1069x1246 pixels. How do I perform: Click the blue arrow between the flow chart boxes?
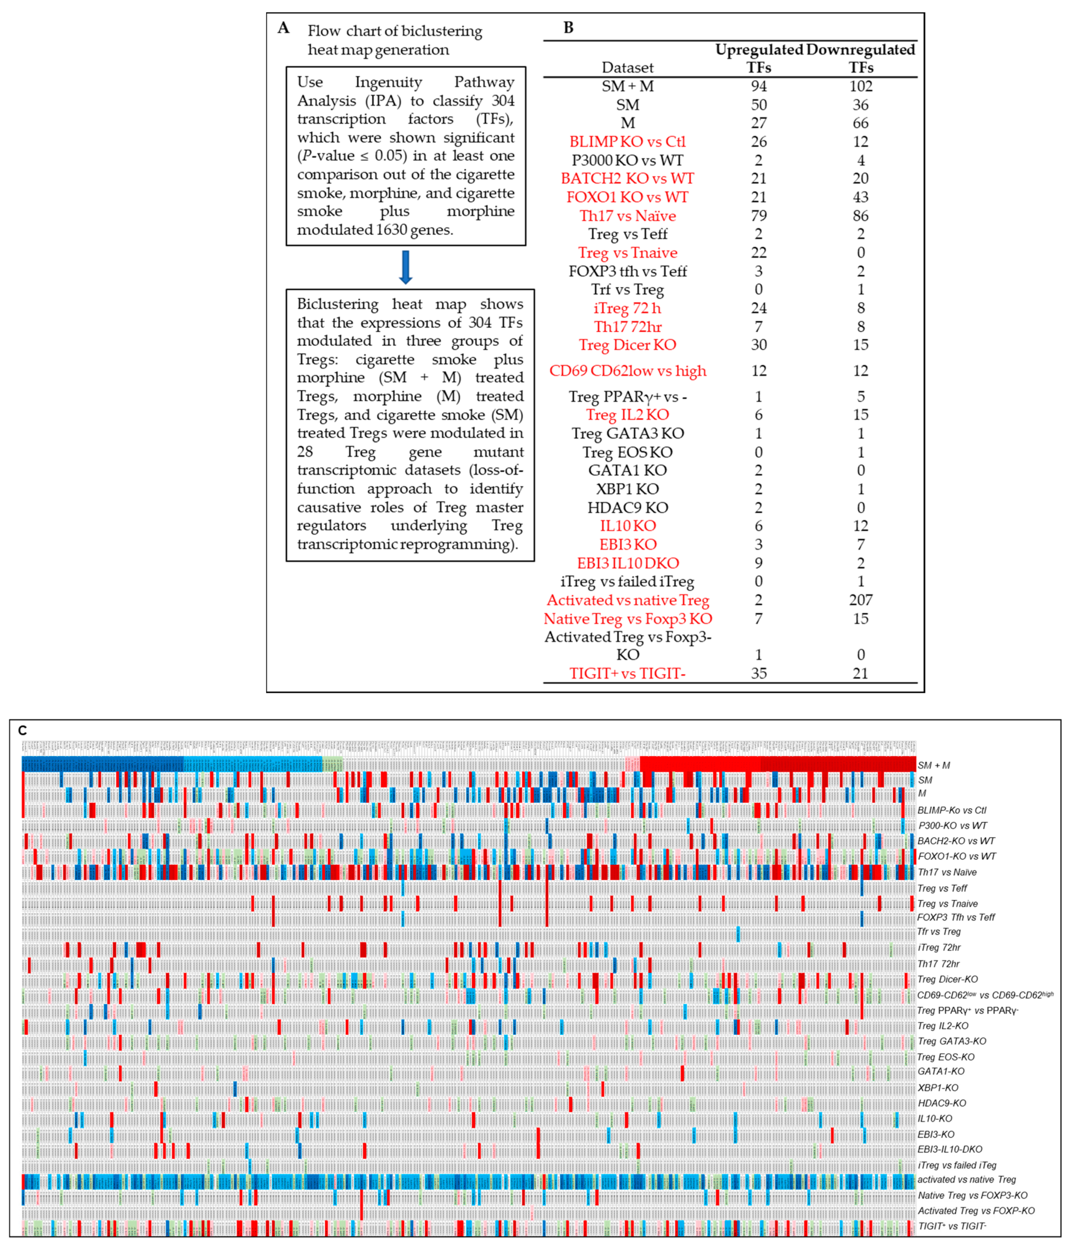[405, 267]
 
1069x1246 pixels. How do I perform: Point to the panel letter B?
[568, 28]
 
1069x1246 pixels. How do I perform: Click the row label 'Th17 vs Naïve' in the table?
[627, 216]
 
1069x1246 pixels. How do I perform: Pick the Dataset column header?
[627, 67]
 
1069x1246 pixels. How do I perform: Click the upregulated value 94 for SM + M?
[759, 86]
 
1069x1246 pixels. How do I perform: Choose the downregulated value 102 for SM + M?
[860, 86]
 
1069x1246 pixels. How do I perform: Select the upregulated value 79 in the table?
[759, 216]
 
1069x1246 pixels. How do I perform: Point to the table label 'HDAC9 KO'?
[627, 508]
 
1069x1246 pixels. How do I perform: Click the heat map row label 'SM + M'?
[934, 765]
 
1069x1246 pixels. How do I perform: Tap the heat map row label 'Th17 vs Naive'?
[947, 872]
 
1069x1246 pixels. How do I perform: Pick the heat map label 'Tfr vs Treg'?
[938, 932]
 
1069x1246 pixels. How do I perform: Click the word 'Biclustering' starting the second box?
[337, 304]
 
